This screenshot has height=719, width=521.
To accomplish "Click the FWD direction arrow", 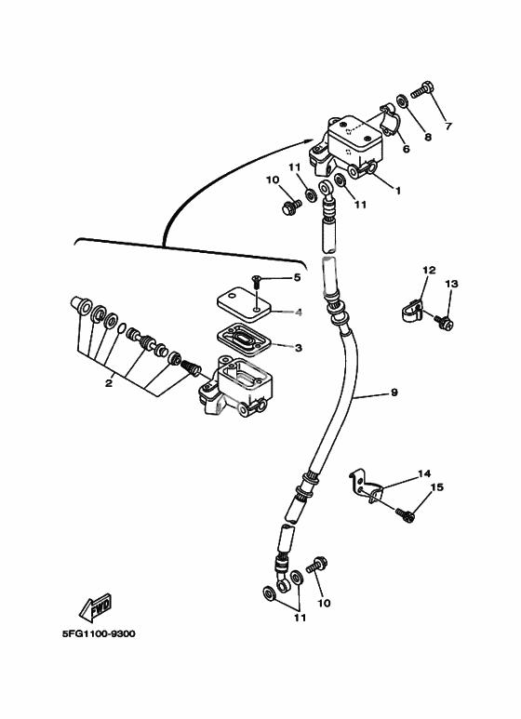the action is click(x=96, y=608).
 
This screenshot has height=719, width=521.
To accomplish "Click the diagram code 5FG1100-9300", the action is click(x=99, y=634).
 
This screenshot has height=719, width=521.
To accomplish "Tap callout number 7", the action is click(x=448, y=126).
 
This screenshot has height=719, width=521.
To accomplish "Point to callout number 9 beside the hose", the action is click(x=394, y=393).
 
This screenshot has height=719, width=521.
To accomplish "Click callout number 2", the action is click(x=109, y=383).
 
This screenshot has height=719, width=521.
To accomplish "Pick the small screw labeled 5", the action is click(x=257, y=281).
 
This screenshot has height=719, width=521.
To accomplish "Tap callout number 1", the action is click(x=398, y=190).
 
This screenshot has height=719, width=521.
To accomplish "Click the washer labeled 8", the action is click(x=401, y=100).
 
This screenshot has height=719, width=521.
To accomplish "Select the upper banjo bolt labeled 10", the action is click(x=290, y=206).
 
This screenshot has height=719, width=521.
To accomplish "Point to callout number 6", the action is click(x=406, y=149).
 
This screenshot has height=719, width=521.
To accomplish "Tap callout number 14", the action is click(x=424, y=473).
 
